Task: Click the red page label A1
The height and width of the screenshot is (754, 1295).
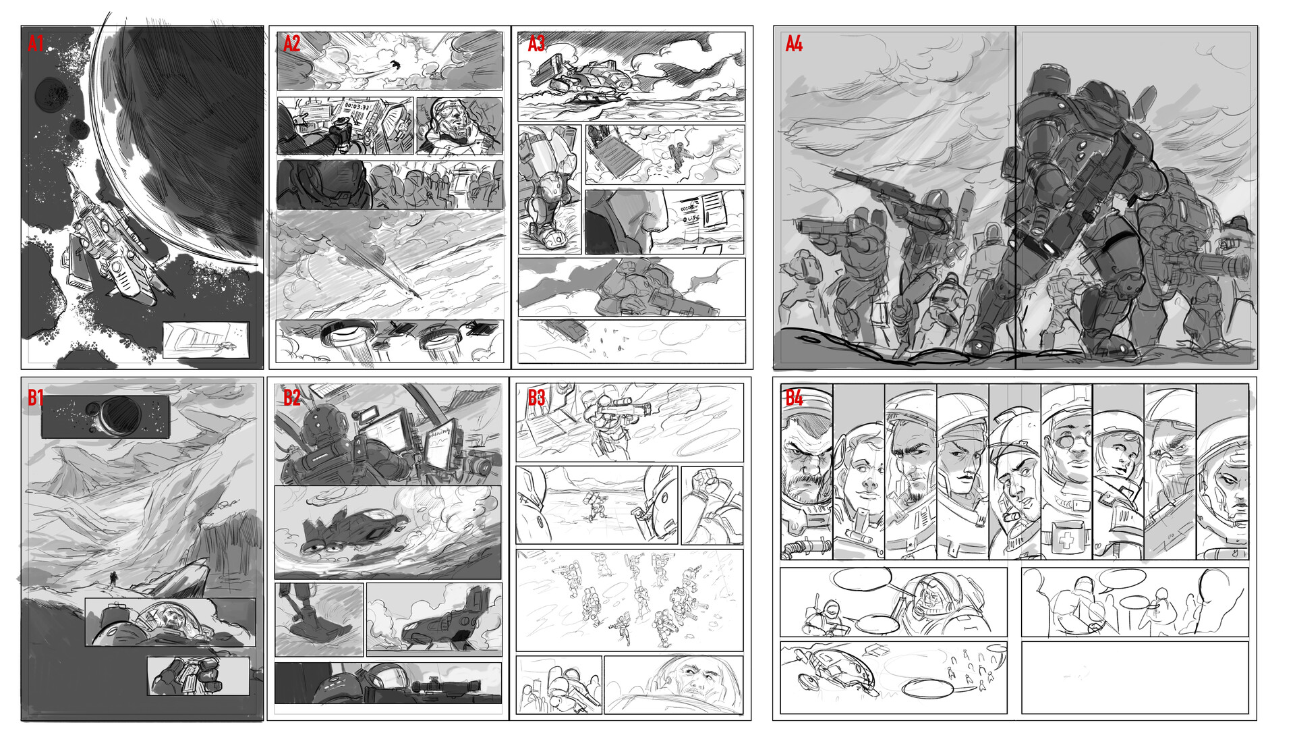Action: coord(36,44)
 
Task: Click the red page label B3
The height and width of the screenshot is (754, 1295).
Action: coord(536,398)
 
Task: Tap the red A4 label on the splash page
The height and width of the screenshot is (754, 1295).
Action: coord(794,44)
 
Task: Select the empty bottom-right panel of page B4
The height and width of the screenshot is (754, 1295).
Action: coord(1134,677)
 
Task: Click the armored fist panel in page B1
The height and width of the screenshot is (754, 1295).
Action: coord(198,676)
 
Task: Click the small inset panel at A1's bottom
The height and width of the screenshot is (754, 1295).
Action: coord(206,340)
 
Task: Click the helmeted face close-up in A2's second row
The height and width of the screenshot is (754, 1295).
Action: coord(459,125)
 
